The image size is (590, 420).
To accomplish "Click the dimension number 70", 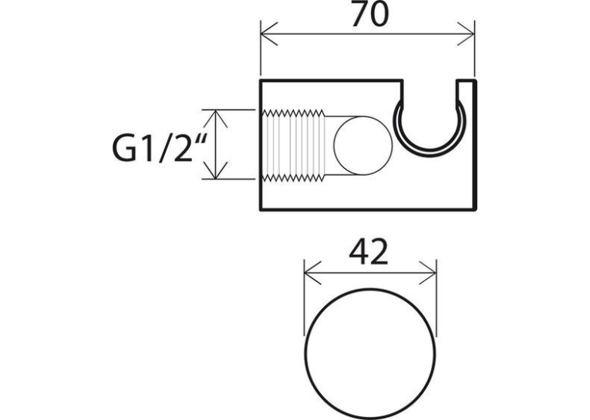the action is (x=369, y=15).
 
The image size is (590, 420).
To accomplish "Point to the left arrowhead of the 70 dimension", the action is (x=268, y=34).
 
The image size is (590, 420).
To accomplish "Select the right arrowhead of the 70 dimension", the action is (x=466, y=34).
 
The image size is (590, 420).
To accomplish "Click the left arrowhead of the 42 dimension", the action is (x=312, y=272).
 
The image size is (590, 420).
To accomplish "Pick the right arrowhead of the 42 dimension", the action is (x=427, y=272).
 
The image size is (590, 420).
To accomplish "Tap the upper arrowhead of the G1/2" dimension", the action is (x=215, y=118).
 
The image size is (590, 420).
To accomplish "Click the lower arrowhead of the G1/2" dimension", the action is (x=215, y=170).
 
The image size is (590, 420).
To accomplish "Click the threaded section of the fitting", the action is (x=293, y=146).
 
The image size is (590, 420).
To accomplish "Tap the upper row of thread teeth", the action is (x=293, y=113).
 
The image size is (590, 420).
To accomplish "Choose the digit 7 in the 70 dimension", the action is (x=359, y=15).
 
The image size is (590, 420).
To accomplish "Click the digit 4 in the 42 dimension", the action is (x=359, y=250).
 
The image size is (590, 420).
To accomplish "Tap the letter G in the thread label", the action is (x=123, y=149).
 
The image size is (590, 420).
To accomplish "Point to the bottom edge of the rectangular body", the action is (x=369, y=209).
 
